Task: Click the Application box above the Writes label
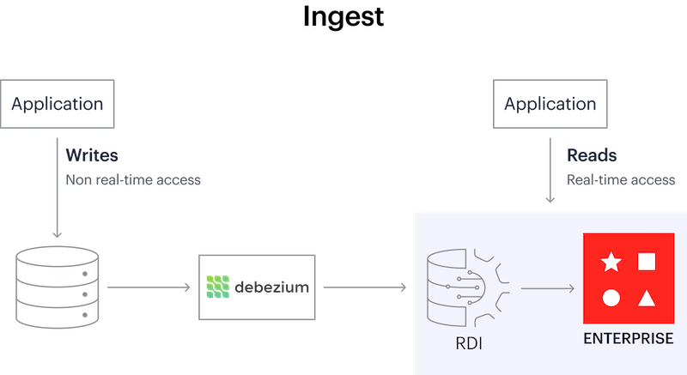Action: pos(57,105)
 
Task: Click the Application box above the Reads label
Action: pos(550,105)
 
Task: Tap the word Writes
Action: pos(91,157)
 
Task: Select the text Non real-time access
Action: pos(132,180)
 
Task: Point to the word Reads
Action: pos(591,157)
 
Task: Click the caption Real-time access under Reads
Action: pos(621,180)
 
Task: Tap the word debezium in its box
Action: pos(271,287)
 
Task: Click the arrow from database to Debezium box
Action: pos(148,287)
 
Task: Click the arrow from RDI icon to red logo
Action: pos(547,287)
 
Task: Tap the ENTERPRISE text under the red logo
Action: pos(629,338)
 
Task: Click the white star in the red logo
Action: pos(611,262)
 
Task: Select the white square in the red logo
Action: pos(647,262)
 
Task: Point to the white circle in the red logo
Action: pos(611,298)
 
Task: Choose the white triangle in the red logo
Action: pos(647,299)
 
